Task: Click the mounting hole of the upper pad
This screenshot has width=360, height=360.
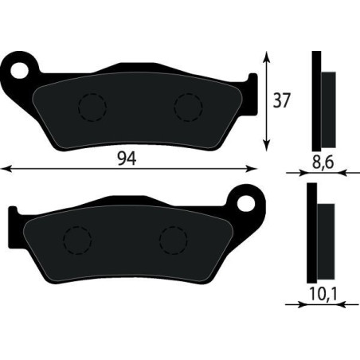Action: [x=21, y=65]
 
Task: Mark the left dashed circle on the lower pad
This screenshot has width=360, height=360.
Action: [x=78, y=239]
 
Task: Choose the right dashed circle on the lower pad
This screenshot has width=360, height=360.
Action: [x=173, y=239]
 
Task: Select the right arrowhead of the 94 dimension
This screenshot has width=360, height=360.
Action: [x=255, y=168]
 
